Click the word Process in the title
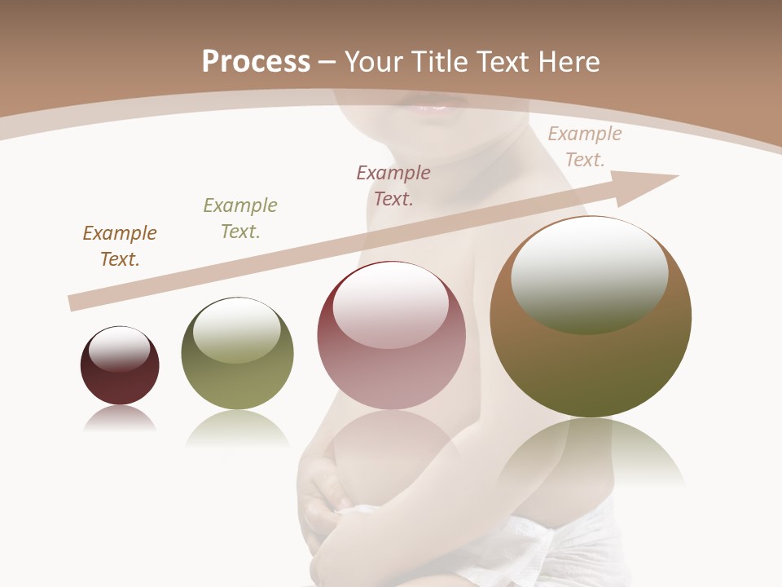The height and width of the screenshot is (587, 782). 256,62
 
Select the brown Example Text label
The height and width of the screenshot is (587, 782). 120,245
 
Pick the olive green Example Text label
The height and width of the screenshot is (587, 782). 240,218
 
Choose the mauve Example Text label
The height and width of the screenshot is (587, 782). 393,185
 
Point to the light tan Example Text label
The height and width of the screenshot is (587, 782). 584,146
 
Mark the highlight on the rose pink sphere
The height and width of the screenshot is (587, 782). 390,306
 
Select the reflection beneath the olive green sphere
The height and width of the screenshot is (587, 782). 237,428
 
